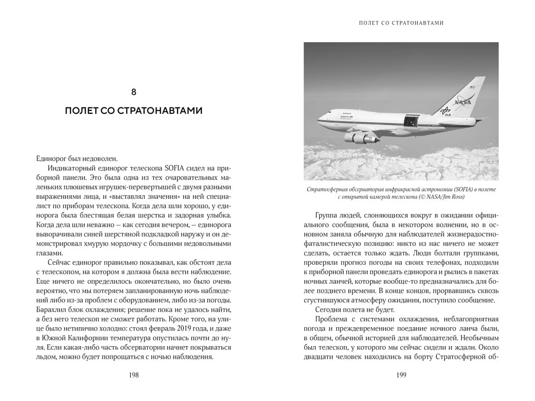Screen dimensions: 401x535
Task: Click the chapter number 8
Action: [x=134, y=92]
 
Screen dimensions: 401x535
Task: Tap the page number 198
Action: [x=134, y=375]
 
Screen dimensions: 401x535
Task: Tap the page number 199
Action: [x=401, y=375]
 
